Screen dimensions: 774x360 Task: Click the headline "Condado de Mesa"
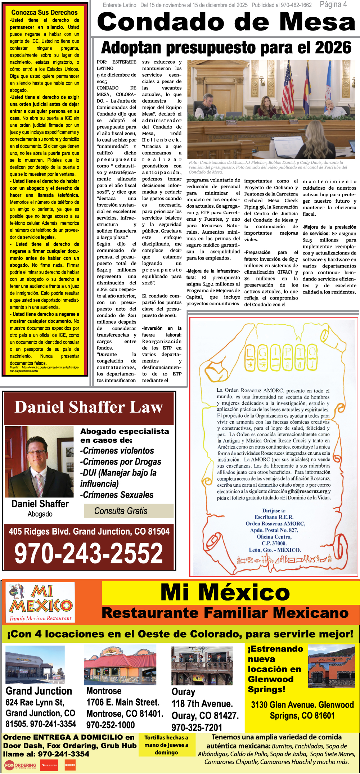click(x=226, y=22)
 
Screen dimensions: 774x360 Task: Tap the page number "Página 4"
click(x=333, y=4)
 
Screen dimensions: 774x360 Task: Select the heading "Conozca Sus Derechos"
click(x=44, y=12)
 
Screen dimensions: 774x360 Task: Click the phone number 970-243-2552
click(x=89, y=553)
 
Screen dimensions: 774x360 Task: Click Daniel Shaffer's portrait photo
click(x=40, y=462)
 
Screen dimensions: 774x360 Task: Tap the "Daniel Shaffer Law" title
click(x=89, y=407)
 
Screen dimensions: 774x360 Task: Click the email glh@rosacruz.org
click(x=307, y=491)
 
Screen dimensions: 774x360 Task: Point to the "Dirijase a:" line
click(x=274, y=510)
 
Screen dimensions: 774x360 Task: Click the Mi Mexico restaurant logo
click(x=40, y=602)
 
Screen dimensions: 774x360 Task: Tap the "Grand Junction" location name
click(x=39, y=691)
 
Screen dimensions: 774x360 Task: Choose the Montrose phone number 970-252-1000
click(x=111, y=725)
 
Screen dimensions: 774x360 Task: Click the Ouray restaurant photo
click(x=202, y=665)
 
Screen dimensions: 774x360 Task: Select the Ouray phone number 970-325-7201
click(x=197, y=727)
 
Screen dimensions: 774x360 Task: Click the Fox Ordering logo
click(x=21, y=765)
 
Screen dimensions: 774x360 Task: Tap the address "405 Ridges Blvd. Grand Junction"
click(x=89, y=531)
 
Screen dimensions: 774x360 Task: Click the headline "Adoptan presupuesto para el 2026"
click(x=226, y=48)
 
